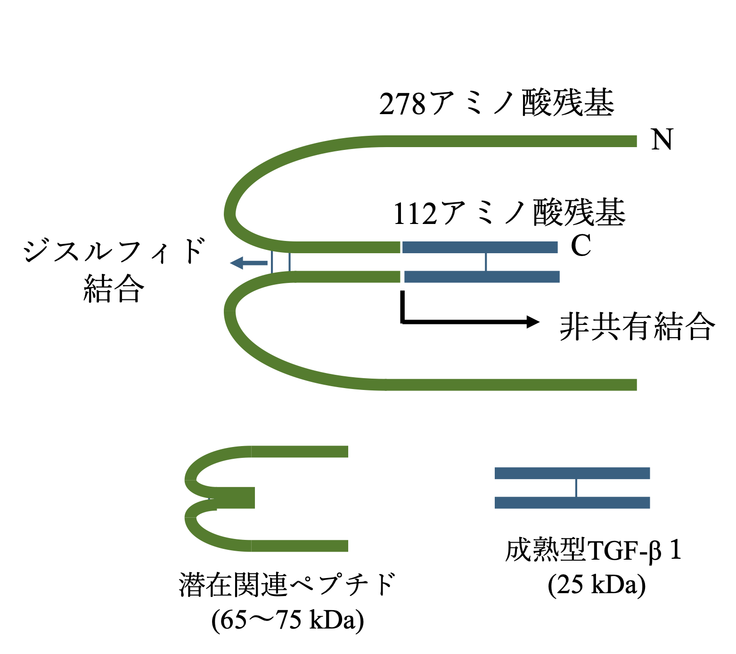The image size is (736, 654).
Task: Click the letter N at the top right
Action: (x=662, y=140)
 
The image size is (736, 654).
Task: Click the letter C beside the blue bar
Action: (x=581, y=246)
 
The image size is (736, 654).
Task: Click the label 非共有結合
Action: (x=637, y=326)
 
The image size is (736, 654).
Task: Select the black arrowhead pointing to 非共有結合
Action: (x=533, y=322)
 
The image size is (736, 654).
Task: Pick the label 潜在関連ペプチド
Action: (x=287, y=585)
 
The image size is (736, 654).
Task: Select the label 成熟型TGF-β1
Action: (x=593, y=550)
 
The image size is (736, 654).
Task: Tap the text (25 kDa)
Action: (x=597, y=585)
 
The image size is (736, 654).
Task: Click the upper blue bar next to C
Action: (x=480, y=247)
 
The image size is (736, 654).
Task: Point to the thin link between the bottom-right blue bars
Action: (x=576, y=488)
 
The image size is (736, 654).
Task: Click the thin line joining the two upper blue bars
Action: (x=486, y=262)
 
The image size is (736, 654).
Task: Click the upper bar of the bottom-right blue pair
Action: (x=572, y=473)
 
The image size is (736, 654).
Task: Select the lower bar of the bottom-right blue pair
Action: (x=572, y=503)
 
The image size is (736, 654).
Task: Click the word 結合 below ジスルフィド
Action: (x=114, y=289)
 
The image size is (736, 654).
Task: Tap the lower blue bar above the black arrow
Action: (x=482, y=277)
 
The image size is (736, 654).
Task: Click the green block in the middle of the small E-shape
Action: (x=236, y=498)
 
